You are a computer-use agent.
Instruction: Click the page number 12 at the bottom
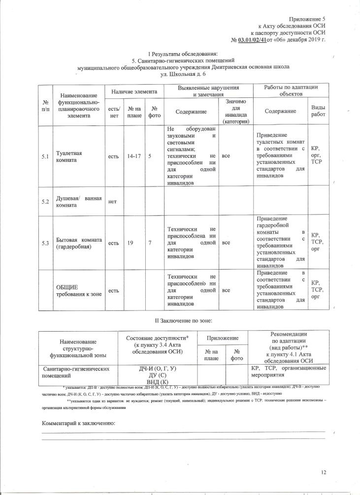click(x=324, y=472)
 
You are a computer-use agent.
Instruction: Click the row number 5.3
click(x=45, y=243)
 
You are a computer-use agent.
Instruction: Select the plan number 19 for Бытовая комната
click(x=131, y=243)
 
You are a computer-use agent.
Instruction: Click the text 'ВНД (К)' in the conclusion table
click(x=158, y=382)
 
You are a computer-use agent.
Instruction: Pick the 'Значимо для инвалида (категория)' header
click(x=236, y=111)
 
